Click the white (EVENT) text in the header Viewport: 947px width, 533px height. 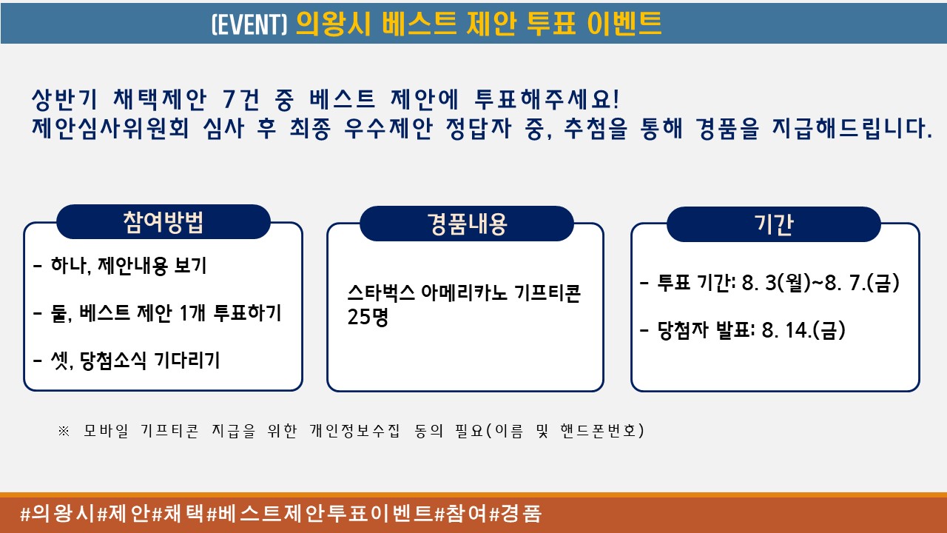(x=249, y=24)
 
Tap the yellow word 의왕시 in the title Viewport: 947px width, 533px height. (x=334, y=23)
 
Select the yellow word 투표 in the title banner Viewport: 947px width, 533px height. (x=551, y=23)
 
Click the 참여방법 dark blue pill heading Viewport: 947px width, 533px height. (x=164, y=221)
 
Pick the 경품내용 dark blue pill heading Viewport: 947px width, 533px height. (x=467, y=224)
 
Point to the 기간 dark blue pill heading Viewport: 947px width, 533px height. (x=774, y=224)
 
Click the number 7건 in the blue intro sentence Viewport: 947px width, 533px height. (x=241, y=100)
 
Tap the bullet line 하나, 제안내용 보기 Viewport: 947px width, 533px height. (x=120, y=266)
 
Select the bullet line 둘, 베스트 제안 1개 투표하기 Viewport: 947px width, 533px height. (x=157, y=313)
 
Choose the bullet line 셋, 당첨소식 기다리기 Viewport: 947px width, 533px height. (x=127, y=361)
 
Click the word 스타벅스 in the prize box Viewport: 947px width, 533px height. (x=381, y=292)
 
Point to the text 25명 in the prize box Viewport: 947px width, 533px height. (x=368, y=316)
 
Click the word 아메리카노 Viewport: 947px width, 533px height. (x=464, y=292)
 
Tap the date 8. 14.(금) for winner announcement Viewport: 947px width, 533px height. (x=803, y=330)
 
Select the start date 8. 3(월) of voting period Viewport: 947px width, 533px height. (x=776, y=283)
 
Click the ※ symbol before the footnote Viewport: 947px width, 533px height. (x=64, y=431)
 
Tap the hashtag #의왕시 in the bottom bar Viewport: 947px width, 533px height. (x=57, y=514)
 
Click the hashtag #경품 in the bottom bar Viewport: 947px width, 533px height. (x=516, y=514)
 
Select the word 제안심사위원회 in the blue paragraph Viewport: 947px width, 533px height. (x=110, y=128)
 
